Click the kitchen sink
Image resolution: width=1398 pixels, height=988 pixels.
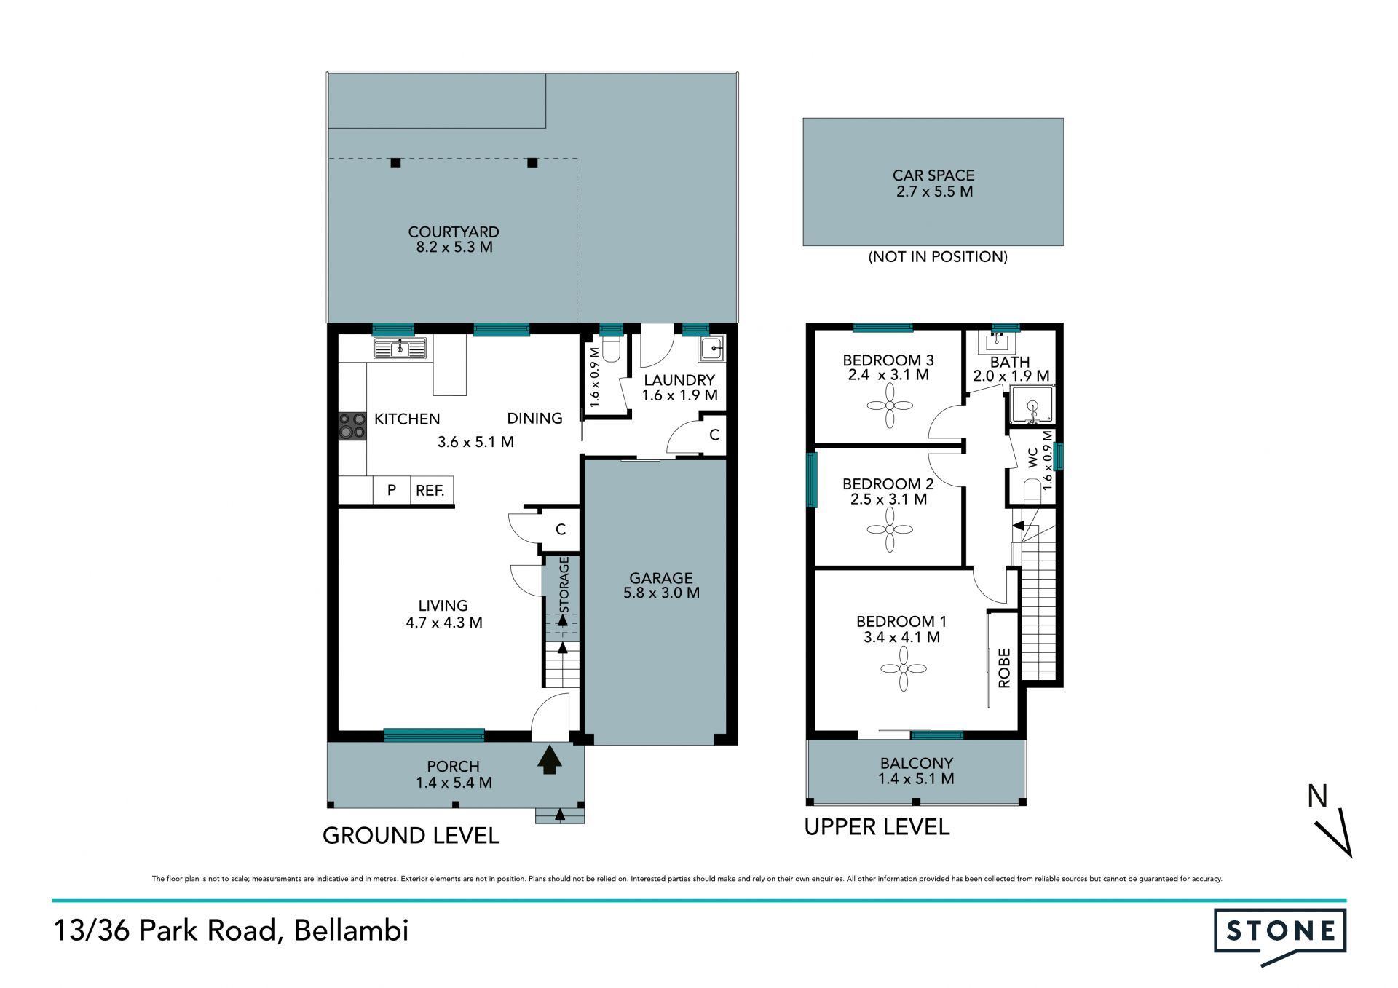(x=399, y=349)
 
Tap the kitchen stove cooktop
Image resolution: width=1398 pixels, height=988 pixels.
(x=352, y=426)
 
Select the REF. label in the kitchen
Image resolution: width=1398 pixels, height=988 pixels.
(x=430, y=491)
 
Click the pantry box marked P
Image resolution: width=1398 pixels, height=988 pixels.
(x=392, y=491)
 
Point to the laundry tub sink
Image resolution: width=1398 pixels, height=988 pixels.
(x=712, y=349)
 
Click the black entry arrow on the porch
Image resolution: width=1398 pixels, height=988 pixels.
(x=550, y=759)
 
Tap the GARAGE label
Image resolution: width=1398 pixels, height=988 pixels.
(x=661, y=578)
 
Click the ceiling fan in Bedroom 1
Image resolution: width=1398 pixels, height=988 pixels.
(x=904, y=668)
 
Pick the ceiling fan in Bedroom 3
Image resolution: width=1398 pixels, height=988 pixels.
(x=890, y=406)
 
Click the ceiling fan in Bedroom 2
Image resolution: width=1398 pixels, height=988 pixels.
(x=890, y=529)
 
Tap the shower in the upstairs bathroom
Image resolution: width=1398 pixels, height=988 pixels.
(x=1032, y=405)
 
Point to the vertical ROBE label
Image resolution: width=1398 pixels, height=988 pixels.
(x=1005, y=668)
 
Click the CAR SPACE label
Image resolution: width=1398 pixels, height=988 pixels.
(x=933, y=175)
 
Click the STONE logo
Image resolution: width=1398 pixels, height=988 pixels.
(x=1280, y=936)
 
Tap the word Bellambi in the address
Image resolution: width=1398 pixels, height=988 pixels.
(x=351, y=930)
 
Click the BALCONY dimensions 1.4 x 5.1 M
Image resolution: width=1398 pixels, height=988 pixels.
(x=916, y=779)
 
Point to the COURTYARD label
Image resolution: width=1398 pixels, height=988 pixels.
(x=454, y=232)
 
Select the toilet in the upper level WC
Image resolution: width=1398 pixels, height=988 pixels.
(x=1032, y=491)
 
